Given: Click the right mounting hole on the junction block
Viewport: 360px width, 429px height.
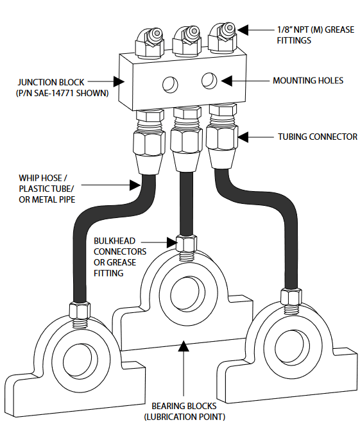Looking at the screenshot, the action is (209, 81).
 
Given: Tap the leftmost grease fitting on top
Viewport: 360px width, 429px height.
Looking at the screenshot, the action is (150, 42).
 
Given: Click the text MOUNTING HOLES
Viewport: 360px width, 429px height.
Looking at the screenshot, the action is (308, 80).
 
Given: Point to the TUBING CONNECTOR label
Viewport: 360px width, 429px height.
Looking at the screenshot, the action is (318, 137).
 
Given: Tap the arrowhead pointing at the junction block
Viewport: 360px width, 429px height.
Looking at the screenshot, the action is (119, 81).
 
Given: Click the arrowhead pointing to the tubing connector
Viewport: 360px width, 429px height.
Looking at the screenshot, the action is (243, 137).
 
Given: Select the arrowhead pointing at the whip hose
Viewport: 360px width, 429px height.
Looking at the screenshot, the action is (135, 185).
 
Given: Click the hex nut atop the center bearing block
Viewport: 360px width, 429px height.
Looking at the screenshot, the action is (186, 244).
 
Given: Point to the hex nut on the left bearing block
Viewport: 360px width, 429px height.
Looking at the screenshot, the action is (80, 310).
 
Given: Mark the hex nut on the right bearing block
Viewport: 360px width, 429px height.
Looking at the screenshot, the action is (291, 296).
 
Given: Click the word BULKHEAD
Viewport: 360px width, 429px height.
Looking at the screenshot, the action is (114, 240).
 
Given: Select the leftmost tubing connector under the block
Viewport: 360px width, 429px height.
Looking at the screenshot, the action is (150, 142).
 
